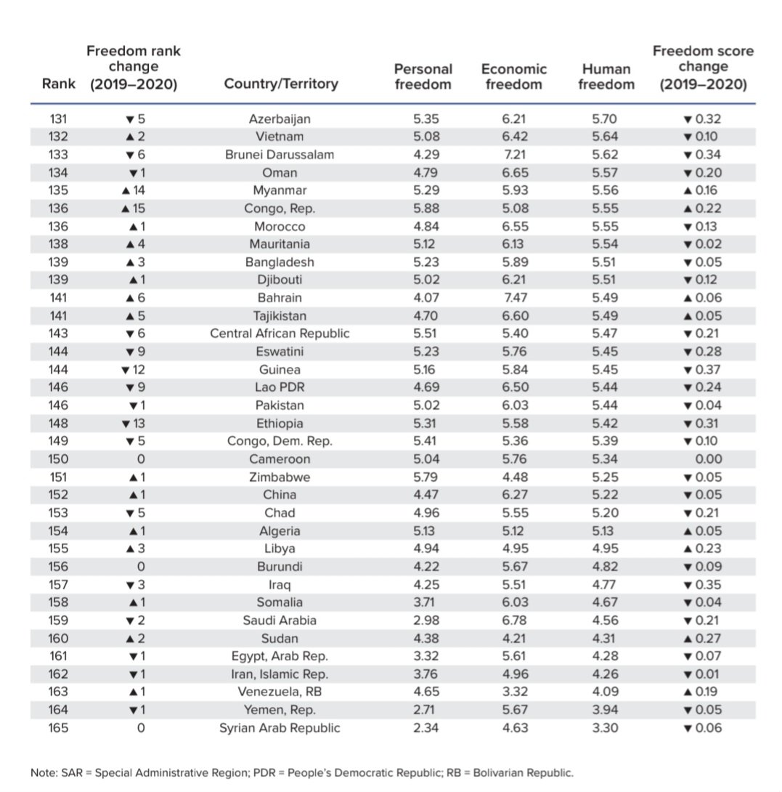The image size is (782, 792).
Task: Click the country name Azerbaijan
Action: [x=280, y=119]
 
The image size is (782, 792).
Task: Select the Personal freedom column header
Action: [x=423, y=76]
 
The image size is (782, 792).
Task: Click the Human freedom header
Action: [x=606, y=76]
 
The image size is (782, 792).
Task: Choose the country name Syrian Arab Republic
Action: [x=280, y=728]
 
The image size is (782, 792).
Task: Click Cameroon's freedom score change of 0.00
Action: [x=708, y=459]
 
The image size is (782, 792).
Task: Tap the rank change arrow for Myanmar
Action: [x=126, y=190]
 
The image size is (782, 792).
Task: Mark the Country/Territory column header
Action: [x=281, y=84]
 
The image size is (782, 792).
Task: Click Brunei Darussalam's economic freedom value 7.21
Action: [x=513, y=155]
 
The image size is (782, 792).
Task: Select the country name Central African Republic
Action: [x=280, y=334]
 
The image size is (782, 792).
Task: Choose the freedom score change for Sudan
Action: [x=703, y=639]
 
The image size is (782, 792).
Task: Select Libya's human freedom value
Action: [x=606, y=549]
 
